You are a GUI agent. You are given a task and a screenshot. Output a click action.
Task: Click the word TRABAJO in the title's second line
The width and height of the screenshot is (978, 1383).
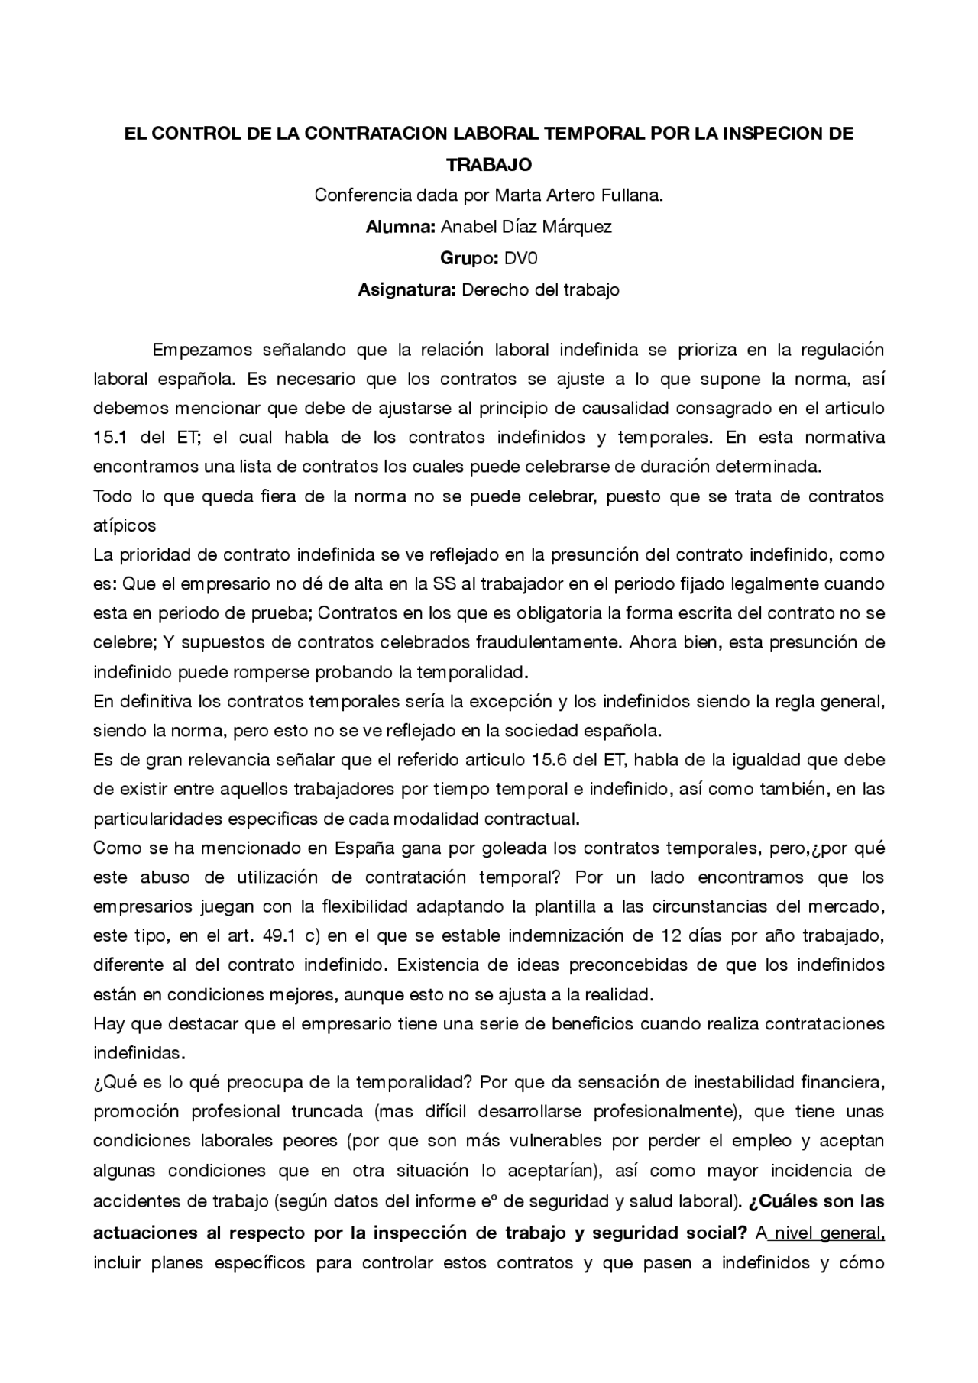(x=489, y=164)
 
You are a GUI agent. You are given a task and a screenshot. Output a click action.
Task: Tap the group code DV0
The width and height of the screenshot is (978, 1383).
(x=520, y=258)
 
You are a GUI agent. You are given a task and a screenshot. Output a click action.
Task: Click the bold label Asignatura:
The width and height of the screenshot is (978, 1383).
(x=407, y=289)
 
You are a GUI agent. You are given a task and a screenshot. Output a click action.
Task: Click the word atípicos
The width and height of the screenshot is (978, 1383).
(x=125, y=525)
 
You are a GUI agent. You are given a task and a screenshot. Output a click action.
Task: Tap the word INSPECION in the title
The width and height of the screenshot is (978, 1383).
(x=773, y=134)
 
